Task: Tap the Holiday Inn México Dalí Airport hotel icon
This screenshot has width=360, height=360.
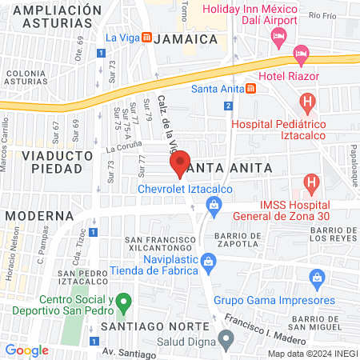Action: click(x=278, y=35)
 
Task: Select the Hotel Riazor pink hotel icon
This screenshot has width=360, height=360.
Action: click(x=302, y=56)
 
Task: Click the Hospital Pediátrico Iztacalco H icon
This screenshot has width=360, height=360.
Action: click(x=307, y=102)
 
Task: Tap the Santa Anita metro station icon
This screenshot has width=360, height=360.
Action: click(x=250, y=88)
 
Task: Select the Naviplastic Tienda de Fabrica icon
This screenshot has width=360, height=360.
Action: click(x=208, y=261)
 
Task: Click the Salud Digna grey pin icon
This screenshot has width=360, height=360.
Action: click(x=226, y=340)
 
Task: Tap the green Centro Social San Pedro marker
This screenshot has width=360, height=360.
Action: click(x=122, y=303)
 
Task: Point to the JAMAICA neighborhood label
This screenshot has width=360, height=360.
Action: click(x=187, y=38)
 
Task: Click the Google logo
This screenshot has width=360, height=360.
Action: click(x=27, y=350)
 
